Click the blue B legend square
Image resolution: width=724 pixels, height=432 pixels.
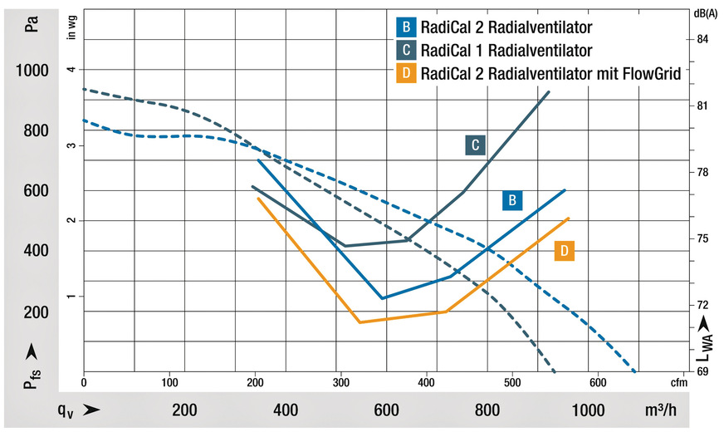(x=405, y=26)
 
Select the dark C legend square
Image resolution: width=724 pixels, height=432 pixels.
(x=405, y=50)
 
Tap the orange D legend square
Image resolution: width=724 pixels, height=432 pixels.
(x=405, y=73)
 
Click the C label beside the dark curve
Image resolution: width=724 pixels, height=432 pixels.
(x=475, y=145)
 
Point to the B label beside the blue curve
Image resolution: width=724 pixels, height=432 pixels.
(x=513, y=200)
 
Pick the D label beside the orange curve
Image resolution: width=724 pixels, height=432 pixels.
(x=565, y=250)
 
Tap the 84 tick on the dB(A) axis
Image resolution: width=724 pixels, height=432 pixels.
(x=702, y=39)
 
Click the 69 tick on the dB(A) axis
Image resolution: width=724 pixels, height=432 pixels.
(x=702, y=371)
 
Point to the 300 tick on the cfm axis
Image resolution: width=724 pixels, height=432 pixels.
(x=340, y=383)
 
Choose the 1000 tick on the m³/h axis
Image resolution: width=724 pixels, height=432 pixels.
(x=589, y=410)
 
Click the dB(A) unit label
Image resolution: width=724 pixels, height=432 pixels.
(x=702, y=12)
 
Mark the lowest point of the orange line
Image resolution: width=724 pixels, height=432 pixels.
(x=360, y=322)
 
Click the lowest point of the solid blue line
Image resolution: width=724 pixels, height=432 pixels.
(x=382, y=298)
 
